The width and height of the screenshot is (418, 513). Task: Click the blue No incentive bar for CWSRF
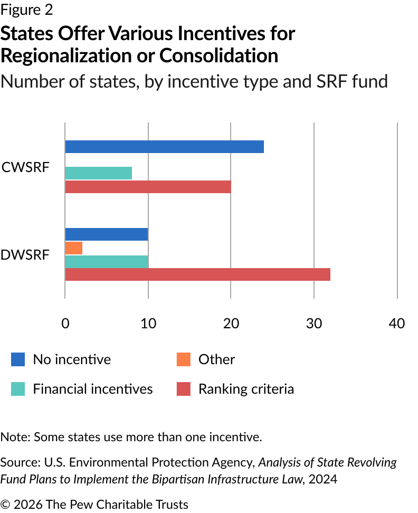pos(165,147)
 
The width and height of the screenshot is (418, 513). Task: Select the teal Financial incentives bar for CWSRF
pos(99,173)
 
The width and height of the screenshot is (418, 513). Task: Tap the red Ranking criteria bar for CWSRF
pos(148,187)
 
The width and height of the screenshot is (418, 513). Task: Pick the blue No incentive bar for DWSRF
pos(107,234)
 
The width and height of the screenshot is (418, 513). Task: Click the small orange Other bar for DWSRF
pos(73,248)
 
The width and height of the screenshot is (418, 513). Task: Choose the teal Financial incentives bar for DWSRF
pos(107,262)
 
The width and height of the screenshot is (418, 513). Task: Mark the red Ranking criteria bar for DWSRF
pos(197,274)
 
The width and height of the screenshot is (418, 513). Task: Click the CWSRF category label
pos(25,167)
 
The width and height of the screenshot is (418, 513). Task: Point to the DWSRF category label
pos(25,255)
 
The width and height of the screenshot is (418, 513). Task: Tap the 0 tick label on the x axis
pos(65,323)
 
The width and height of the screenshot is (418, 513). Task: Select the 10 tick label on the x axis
pos(148,323)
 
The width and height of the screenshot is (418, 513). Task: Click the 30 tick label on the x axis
pos(314,323)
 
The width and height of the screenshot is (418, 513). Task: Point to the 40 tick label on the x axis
pos(397,323)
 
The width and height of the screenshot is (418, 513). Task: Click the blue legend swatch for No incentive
pos(18,359)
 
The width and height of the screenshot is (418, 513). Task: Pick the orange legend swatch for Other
pos(184,359)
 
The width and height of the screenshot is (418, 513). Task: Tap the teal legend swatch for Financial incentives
pos(18,389)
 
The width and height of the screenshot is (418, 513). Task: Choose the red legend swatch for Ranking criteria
pos(184,389)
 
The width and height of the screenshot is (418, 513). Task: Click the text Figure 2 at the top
pos(26,10)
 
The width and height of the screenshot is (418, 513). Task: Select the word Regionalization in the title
pos(66,55)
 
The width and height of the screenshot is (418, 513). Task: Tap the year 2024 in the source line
pos(323,479)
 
